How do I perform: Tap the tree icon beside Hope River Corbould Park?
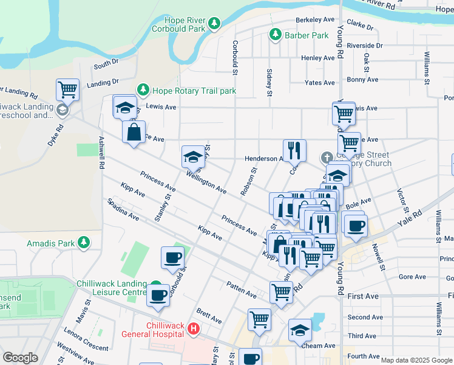[x=214, y=24]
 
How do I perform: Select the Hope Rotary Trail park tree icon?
[x=143, y=91]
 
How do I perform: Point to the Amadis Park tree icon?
[x=84, y=244]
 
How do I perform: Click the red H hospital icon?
[x=194, y=329]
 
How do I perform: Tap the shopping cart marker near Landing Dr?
[x=67, y=90]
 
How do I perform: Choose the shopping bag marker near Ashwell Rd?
[x=134, y=131]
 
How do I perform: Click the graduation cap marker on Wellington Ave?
[x=193, y=156]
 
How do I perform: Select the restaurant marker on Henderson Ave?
[x=294, y=150]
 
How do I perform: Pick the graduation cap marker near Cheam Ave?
[x=300, y=330]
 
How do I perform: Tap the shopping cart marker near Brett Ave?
[x=259, y=319]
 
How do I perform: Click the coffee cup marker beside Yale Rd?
[x=356, y=224]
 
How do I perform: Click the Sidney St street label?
[x=269, y=82]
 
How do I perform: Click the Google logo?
[x=21, y=358]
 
